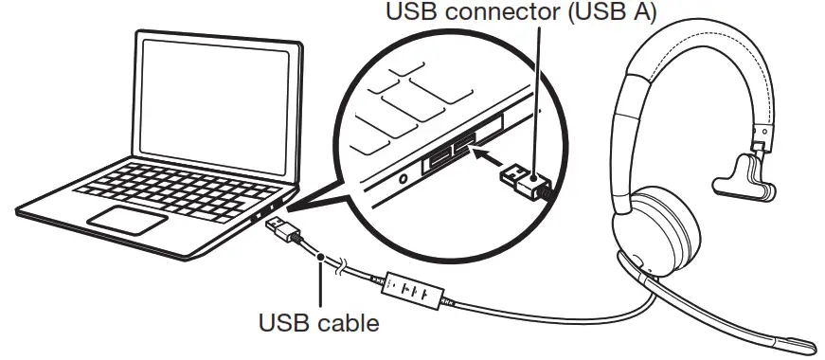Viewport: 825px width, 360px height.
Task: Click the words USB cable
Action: tap(319, 323)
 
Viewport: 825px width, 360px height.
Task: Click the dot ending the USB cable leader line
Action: tap(323, 257)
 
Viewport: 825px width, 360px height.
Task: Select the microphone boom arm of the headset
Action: tap(720, 303)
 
